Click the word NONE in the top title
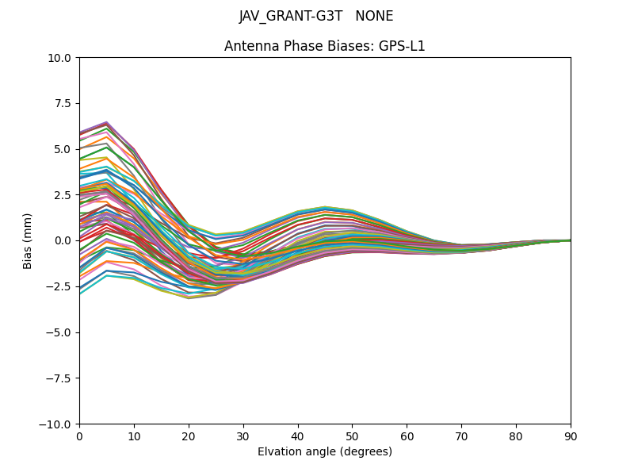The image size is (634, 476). point(374,16)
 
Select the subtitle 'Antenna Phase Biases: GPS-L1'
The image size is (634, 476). point(325,46)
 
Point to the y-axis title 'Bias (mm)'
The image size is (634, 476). point(28,240)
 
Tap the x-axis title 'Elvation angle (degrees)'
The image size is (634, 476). point(325,451)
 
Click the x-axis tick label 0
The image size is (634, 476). point(79,436)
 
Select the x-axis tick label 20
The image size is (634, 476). point(189,436)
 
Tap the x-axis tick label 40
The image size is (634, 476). point(298,436)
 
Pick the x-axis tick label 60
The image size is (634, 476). point(407,436)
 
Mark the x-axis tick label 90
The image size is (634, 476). point(571,436)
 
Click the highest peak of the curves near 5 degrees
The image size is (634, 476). point(106,122)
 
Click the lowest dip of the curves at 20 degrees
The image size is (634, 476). point(189,298)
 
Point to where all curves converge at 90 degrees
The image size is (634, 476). point(570,240)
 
